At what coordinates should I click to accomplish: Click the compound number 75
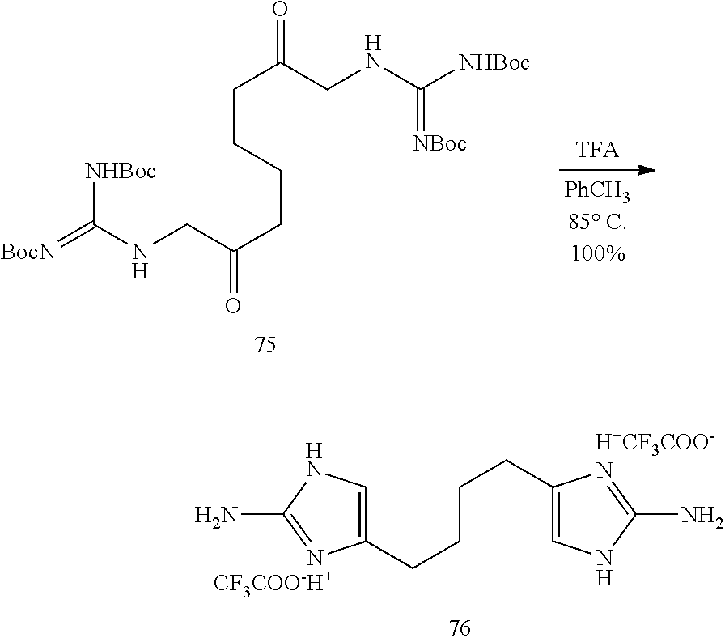tap(265, 345)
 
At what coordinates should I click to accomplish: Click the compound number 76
tap(460, 627)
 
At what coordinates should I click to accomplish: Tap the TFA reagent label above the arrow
tap(597, 151)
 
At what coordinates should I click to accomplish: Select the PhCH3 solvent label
tap(597, 191)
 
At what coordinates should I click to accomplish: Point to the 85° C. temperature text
tap(597, 223)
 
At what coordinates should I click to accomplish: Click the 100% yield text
tap(598, 253)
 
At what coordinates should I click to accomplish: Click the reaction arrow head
tap(647, 170)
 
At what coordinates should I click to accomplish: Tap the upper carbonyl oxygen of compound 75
tap(280, 9)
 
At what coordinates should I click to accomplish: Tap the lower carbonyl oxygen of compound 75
tap(233, 305)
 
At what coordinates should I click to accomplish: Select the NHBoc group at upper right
tap(494, 62)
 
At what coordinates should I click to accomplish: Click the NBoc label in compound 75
tap(439, 143)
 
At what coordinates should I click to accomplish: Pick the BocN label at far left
tap(28, 252)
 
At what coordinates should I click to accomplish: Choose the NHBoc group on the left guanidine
tap(121, 171)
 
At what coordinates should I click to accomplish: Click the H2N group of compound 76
tap(215, 515)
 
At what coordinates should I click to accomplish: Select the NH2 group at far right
tap(702, 516)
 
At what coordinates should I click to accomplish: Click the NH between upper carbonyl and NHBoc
tap(373, 53)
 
